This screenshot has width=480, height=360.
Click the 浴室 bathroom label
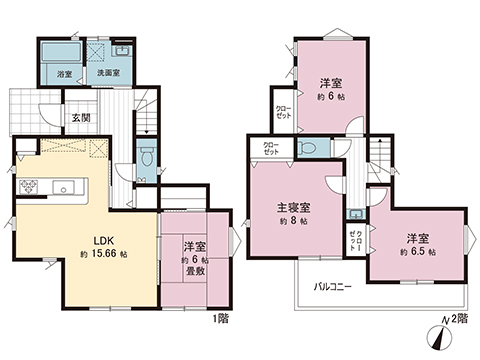coord(62,74)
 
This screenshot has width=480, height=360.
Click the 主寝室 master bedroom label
coord(294,208)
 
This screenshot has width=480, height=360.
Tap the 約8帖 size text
coord(294,223)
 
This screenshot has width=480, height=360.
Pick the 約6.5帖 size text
coord(417,253)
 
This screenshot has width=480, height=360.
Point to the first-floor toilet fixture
coord(147,156)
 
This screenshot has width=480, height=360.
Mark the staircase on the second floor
coord(381,159)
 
